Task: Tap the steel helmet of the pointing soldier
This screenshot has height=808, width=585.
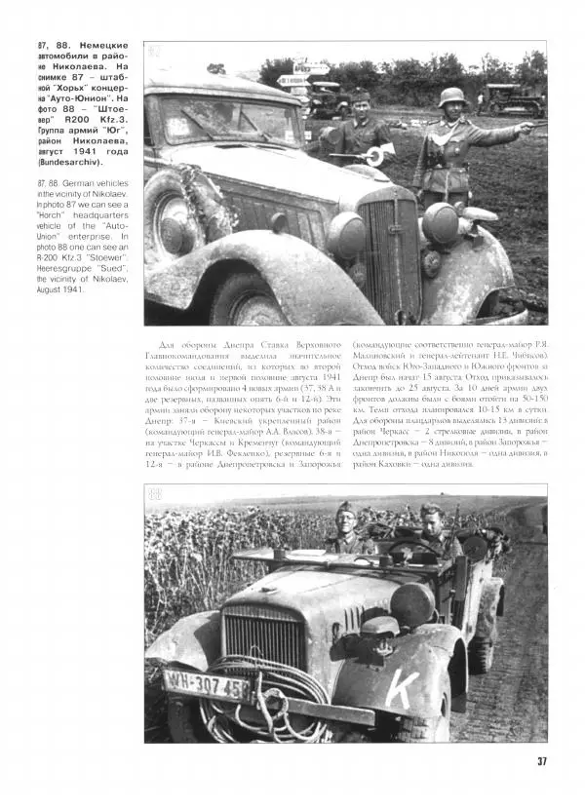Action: point(452,98)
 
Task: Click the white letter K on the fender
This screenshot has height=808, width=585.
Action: point(400,688)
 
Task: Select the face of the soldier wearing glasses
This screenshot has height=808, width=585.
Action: point(430,518)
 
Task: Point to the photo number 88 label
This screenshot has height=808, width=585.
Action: point(155,494)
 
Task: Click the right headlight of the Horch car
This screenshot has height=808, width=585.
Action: point(440,222)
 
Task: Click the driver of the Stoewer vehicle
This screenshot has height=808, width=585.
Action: point(429,531)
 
